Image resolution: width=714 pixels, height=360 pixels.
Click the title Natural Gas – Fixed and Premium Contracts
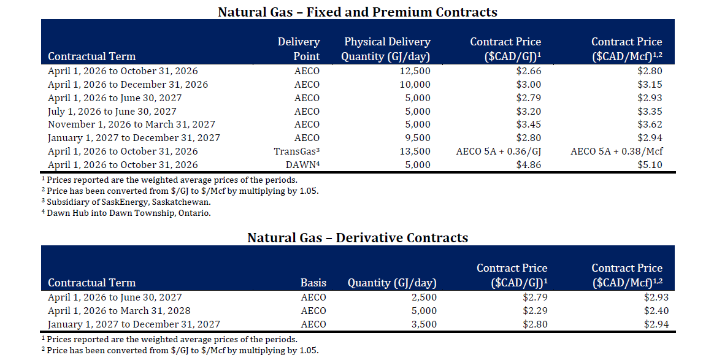[358, 12]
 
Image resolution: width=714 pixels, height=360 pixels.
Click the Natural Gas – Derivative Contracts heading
[358, 237]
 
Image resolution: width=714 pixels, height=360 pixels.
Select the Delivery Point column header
[299, 48]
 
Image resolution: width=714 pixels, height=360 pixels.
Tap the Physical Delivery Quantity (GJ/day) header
[386, 48]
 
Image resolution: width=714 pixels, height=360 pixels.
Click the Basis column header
[313, 283]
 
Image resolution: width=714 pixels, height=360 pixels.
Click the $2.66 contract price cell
[529, 71]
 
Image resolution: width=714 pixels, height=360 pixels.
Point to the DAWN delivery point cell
[303, 165]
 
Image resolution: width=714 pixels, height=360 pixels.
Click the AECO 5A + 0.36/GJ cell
[499, 151]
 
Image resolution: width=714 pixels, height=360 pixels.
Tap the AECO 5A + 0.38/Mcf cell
[616, 151]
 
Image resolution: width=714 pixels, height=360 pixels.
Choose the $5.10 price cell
[650, 165]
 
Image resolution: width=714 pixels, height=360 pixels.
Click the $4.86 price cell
[529, 165]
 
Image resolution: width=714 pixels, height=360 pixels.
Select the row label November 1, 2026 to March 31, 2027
[132, 124]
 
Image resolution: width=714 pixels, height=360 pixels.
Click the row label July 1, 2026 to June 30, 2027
[112, 112]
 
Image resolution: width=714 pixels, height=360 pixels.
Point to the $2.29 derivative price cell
[535, 311]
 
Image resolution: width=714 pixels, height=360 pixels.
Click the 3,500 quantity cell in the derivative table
[423, 324]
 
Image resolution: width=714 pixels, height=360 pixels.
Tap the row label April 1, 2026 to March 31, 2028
[119, 311]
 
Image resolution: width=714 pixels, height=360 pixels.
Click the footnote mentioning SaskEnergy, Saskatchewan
[126, 202]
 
